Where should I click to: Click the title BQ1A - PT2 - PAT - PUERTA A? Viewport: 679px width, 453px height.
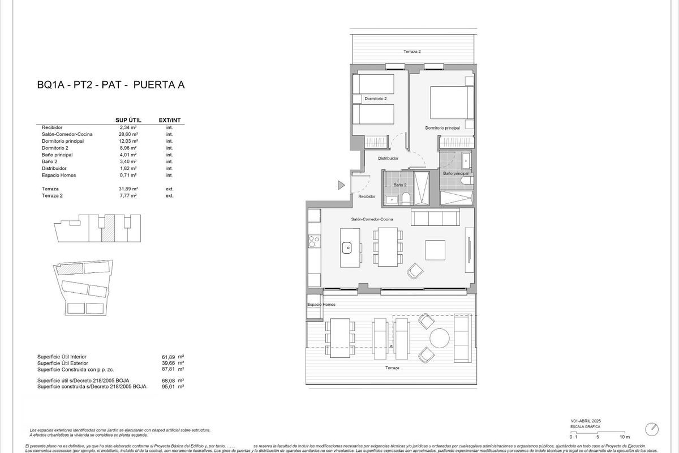[x=111, y=86]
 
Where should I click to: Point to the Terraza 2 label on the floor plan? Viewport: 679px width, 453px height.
[x=411, y=52]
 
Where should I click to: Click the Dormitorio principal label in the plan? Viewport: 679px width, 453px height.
[x=442, y=128]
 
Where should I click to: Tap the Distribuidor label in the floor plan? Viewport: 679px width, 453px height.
[x=389, y=159]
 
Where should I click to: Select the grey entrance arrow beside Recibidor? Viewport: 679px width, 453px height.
[x=341, y=185]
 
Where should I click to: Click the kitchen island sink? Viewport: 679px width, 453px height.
[x=347, y=247]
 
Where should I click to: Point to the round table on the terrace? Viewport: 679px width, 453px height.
[x=439, y=339]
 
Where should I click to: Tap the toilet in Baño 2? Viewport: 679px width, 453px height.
[x=405, y=199]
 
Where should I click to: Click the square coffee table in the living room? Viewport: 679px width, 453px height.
[x=436, y=250]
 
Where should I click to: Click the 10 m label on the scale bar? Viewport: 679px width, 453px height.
[x=624, y=437]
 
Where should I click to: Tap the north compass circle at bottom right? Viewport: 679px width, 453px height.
[x=654, y=429]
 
